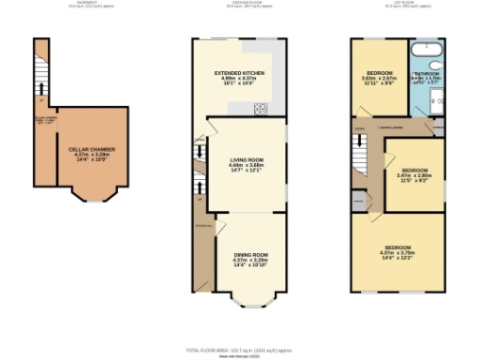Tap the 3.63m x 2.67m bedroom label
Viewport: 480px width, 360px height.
(380, 76)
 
